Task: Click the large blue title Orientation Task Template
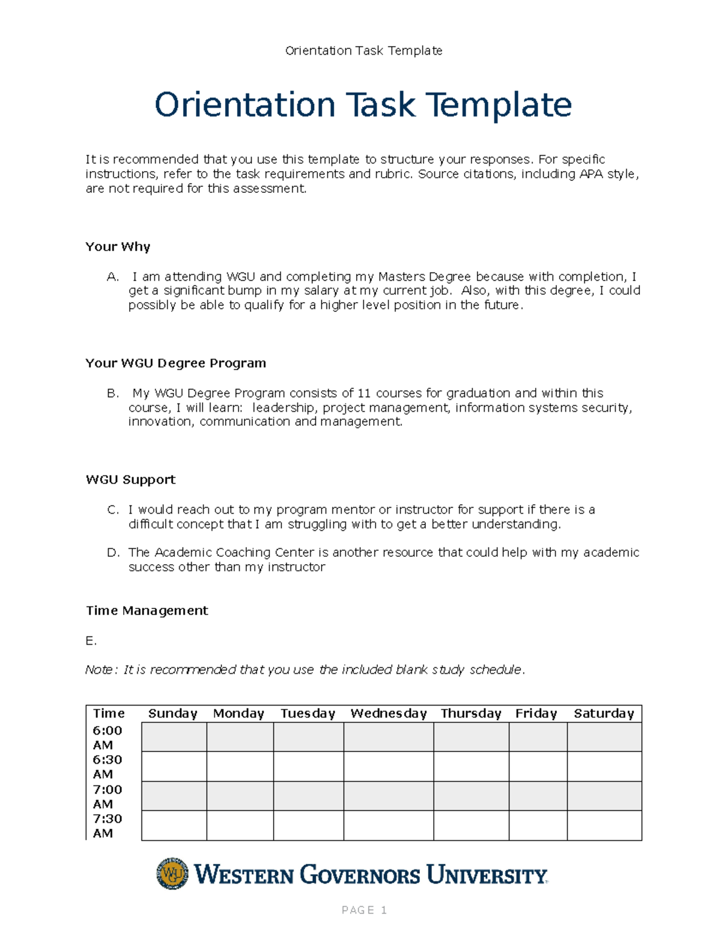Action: pyautogui.click(x=363, y=105)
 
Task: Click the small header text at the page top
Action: pyautogui.click(x=363, y=50)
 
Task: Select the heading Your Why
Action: pyautogui.click(x=118, y=247)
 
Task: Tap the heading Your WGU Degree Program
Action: pyautogui.click(x=175, y=363)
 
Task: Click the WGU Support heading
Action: pyautogui.click(x=130, y=480)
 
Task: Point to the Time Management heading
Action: pyautogui.click(x=147, y=611)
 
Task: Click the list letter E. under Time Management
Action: pyautogui.click(x=91, y=641)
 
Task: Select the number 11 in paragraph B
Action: pyautogui.click(x=364, y=393)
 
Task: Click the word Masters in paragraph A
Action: pyautogui.click(x=402, y=277)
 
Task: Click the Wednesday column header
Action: pyautogui.click(x=388, y=714)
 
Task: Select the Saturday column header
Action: pyautogui.click(x=604, y=714)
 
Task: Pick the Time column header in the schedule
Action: pyautogui.click(x=109, y=714)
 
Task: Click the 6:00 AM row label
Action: pyautogui.click(x=107, y=738)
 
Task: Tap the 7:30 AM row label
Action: pyautogui.click(x=107, y=826)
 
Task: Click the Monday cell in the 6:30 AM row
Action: pyautogui.click(x=240, y=767)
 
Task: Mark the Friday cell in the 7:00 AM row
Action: pyautogui.click(x=538, y=796)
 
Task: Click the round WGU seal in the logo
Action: pyautogui.click(x=172, y=874)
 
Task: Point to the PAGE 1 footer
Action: pyautogui.click(x=364, y=910)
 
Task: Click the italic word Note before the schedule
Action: pyautogui.click(x=98, y=670)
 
